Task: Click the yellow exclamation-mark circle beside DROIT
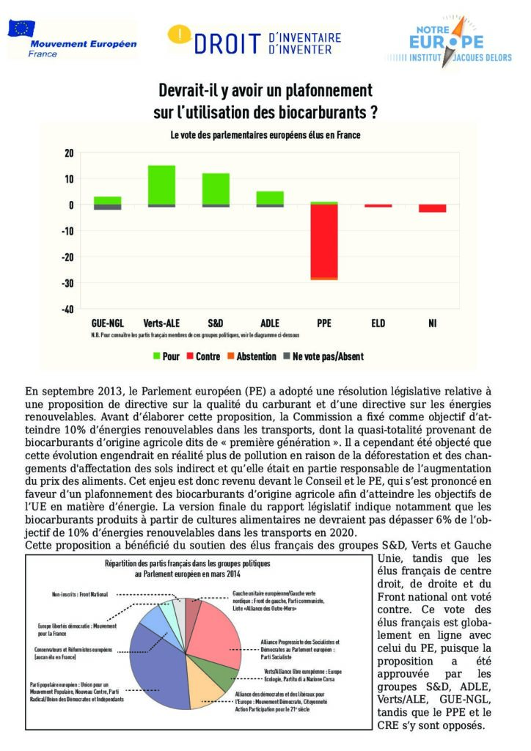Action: pyautogui.click(x=180, y=34)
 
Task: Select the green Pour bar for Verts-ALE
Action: pyautogui.click(x=161, y=185)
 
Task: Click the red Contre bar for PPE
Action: pyautogui.click(x=323, y=241)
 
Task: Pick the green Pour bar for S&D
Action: pyautogui.click(x=216, y=188)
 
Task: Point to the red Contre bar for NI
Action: pyautogui.click(x=432, y=208)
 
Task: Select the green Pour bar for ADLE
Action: pyautogui.click(x=269, y=197)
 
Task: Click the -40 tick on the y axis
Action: pyautogui.click(x=67, y=309)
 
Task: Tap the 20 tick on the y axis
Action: pyautogui.click(x=69, y=153)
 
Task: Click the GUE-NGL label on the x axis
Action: pyautogui.click(x=107, y=322)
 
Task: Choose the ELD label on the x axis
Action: pyautogui.click(x=378, y=322)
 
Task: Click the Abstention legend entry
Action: pyautogui.click(x=249, y=356)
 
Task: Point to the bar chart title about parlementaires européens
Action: pyautogui.click(x=265, y=135)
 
